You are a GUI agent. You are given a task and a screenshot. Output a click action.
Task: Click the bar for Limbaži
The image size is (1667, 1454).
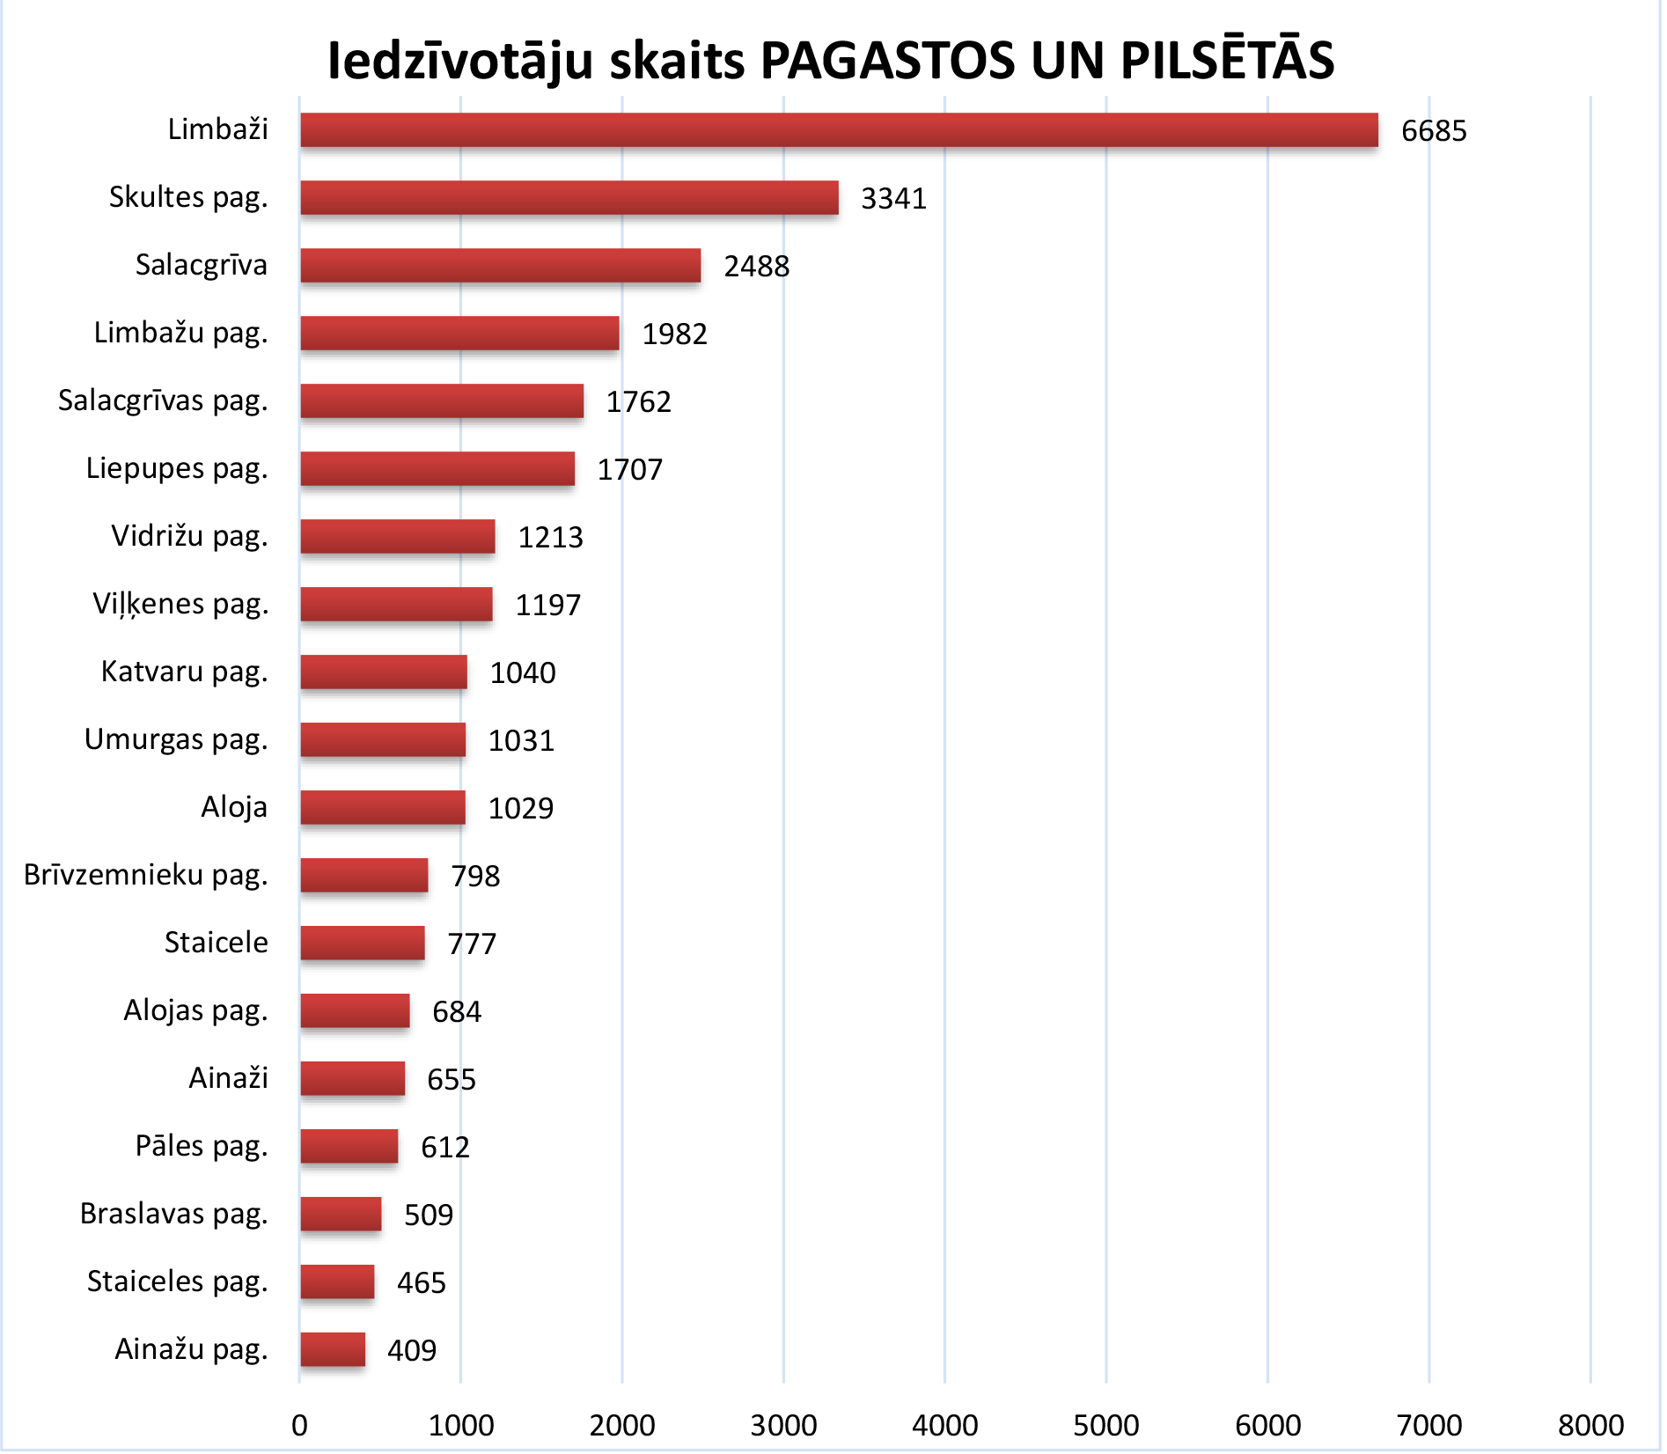839,130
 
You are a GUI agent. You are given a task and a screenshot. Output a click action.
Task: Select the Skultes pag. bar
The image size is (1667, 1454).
569,198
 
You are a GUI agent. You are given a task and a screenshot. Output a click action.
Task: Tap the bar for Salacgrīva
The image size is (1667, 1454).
500,266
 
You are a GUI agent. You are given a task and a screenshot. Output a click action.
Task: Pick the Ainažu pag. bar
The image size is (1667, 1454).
333,1350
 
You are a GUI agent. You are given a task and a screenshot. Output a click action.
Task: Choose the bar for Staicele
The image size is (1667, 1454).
363,944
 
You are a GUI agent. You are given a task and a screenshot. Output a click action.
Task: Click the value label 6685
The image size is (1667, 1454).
1434,131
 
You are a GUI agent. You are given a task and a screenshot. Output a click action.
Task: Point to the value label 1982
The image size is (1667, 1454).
674,334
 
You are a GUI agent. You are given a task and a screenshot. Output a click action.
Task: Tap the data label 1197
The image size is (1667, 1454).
547,606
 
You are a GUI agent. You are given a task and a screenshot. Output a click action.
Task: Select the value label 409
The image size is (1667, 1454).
412,1351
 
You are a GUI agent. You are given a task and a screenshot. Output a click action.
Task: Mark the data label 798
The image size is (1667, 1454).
475,877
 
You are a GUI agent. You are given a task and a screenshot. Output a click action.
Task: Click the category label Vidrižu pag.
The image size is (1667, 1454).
189,536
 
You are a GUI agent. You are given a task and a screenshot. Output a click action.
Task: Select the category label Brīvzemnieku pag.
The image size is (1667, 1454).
145,875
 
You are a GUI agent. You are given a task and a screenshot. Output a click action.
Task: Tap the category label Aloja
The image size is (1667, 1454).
233,807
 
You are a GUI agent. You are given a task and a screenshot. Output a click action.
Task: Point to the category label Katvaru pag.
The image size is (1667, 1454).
184,672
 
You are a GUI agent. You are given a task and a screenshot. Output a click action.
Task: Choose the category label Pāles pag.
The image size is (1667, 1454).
202,1146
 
